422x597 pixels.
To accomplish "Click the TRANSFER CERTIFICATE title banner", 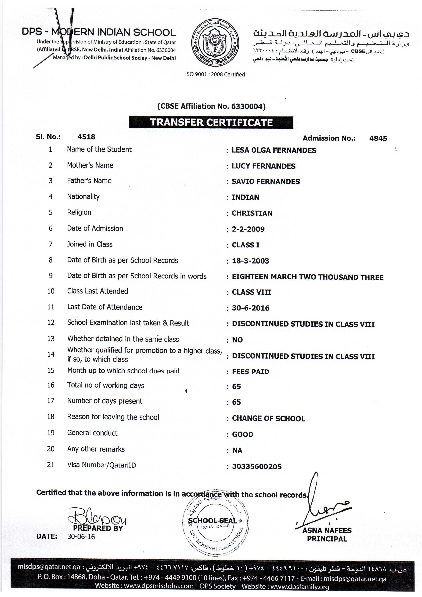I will pyautogui.click(x=211, y=122).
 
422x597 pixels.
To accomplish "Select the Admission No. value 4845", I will pyautogui.click(x=378, y=138).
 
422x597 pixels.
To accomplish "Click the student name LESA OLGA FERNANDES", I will pyautogui.click(x=274, y=150).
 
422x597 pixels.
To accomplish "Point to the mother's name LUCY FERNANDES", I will pyautogui.click(x=263, y=166).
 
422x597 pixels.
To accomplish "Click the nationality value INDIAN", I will pyautogui.click(x=245, y=197).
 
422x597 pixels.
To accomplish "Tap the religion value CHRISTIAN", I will pyautogui.click(x=252, y=213).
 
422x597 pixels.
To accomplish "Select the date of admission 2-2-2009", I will pyautogui.click(x=248, y=229).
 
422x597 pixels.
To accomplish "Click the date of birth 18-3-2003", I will pyautogui.click(x=251, y=261).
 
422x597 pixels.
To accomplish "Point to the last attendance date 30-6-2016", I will pyautogui.click(x=251, y=308).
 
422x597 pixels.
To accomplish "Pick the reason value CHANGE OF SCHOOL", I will pyautogui.click(x=268, y=418).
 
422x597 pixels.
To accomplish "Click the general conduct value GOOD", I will pyautogui.click(x=242, y=434).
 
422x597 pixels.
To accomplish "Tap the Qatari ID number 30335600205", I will pyautogui.click(x=257, y=466).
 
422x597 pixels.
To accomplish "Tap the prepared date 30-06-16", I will pyautogui.click(x=81, y=537).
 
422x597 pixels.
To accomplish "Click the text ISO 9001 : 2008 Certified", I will pyautogui.click(x=215, y=75).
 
